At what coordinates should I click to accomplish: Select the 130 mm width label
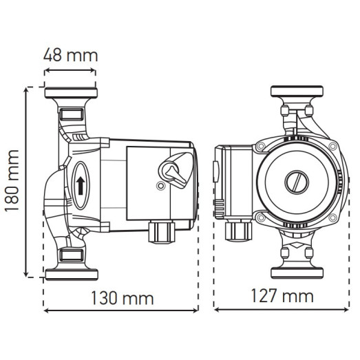coord(122,298)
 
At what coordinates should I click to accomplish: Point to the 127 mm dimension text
coord(282,297)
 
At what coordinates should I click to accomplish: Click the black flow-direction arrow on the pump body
coord(81,184)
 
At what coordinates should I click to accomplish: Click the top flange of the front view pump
coord(297,93)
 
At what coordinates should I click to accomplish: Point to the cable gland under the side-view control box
coord(159,232)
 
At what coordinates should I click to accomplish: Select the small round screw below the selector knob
coord(160,187)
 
